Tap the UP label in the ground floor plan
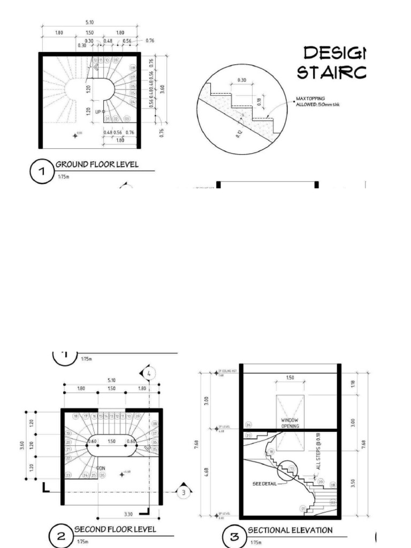click(x=98, y=112)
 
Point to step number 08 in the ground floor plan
click(x=133, y=68)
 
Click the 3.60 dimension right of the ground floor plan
click(x=162, y=88)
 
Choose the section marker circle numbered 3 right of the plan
click(x=184, y=492)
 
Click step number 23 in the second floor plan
click(x=68, y=475)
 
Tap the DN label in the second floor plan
click(x=100, y=468)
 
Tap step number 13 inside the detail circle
click(x=292, y=469)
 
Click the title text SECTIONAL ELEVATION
click(x=290, y=530)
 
